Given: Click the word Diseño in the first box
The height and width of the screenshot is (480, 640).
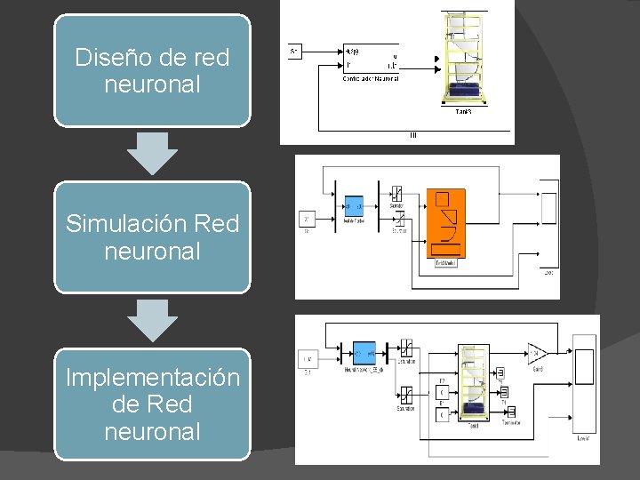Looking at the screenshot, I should click(x=111, y=58).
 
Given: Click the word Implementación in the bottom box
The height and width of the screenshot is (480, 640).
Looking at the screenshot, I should click(x=153, y=377).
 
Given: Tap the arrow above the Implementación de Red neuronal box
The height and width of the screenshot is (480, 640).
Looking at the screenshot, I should click(x=152, y=320).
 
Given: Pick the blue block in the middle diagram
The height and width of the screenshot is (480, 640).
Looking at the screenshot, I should click(x=354, y=205).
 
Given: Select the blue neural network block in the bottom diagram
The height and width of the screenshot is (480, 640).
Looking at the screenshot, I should click(x=364, y=352).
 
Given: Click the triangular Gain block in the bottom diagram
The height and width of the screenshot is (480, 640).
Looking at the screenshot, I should click(x=538, y=352).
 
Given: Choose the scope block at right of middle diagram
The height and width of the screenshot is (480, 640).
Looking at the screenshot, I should click(x=548, y=209).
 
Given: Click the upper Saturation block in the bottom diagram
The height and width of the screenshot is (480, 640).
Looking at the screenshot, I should click(x=405, y=348).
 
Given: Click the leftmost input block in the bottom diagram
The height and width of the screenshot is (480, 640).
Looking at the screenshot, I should click(x=308, y=359).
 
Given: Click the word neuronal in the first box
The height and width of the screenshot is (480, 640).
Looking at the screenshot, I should click(x=152, y=85).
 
